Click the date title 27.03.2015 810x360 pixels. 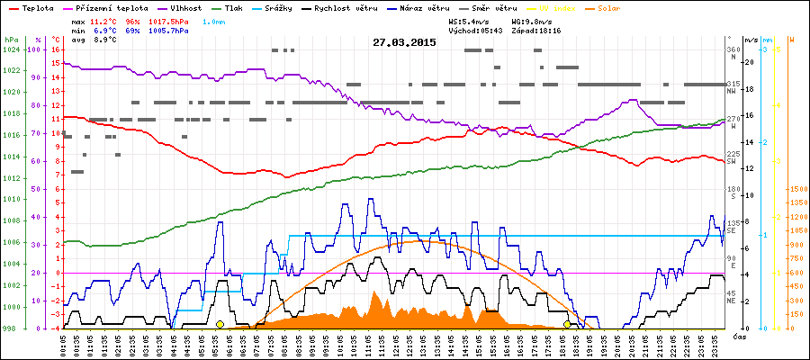(404, 42)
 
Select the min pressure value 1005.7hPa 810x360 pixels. (168, 30)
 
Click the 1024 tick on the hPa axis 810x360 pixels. (11, 49)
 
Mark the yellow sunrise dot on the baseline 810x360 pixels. (220, 324)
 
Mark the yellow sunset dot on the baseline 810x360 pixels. (567, 324)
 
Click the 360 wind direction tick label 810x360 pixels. (733, 49)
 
